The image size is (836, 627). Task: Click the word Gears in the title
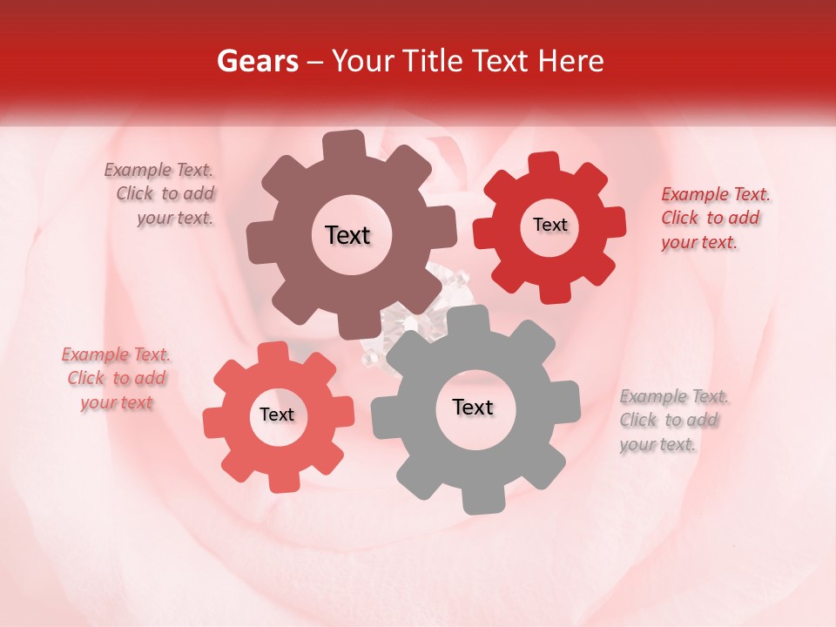[257, 61]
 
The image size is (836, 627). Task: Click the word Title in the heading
[434, 61]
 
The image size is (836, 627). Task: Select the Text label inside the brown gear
[347, 235]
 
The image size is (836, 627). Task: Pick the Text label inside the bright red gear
[549, 225]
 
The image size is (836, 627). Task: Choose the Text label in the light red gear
[277, 415]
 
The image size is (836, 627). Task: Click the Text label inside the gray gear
[473, 407]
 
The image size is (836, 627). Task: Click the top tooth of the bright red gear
[545, 164]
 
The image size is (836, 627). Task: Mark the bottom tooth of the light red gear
[278, 480]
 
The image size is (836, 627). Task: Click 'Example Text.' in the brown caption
[158, 171]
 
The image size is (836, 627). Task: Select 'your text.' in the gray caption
[657, 444]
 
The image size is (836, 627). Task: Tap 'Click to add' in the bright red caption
[710, 218]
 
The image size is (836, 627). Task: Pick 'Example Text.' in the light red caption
[116, 354]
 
